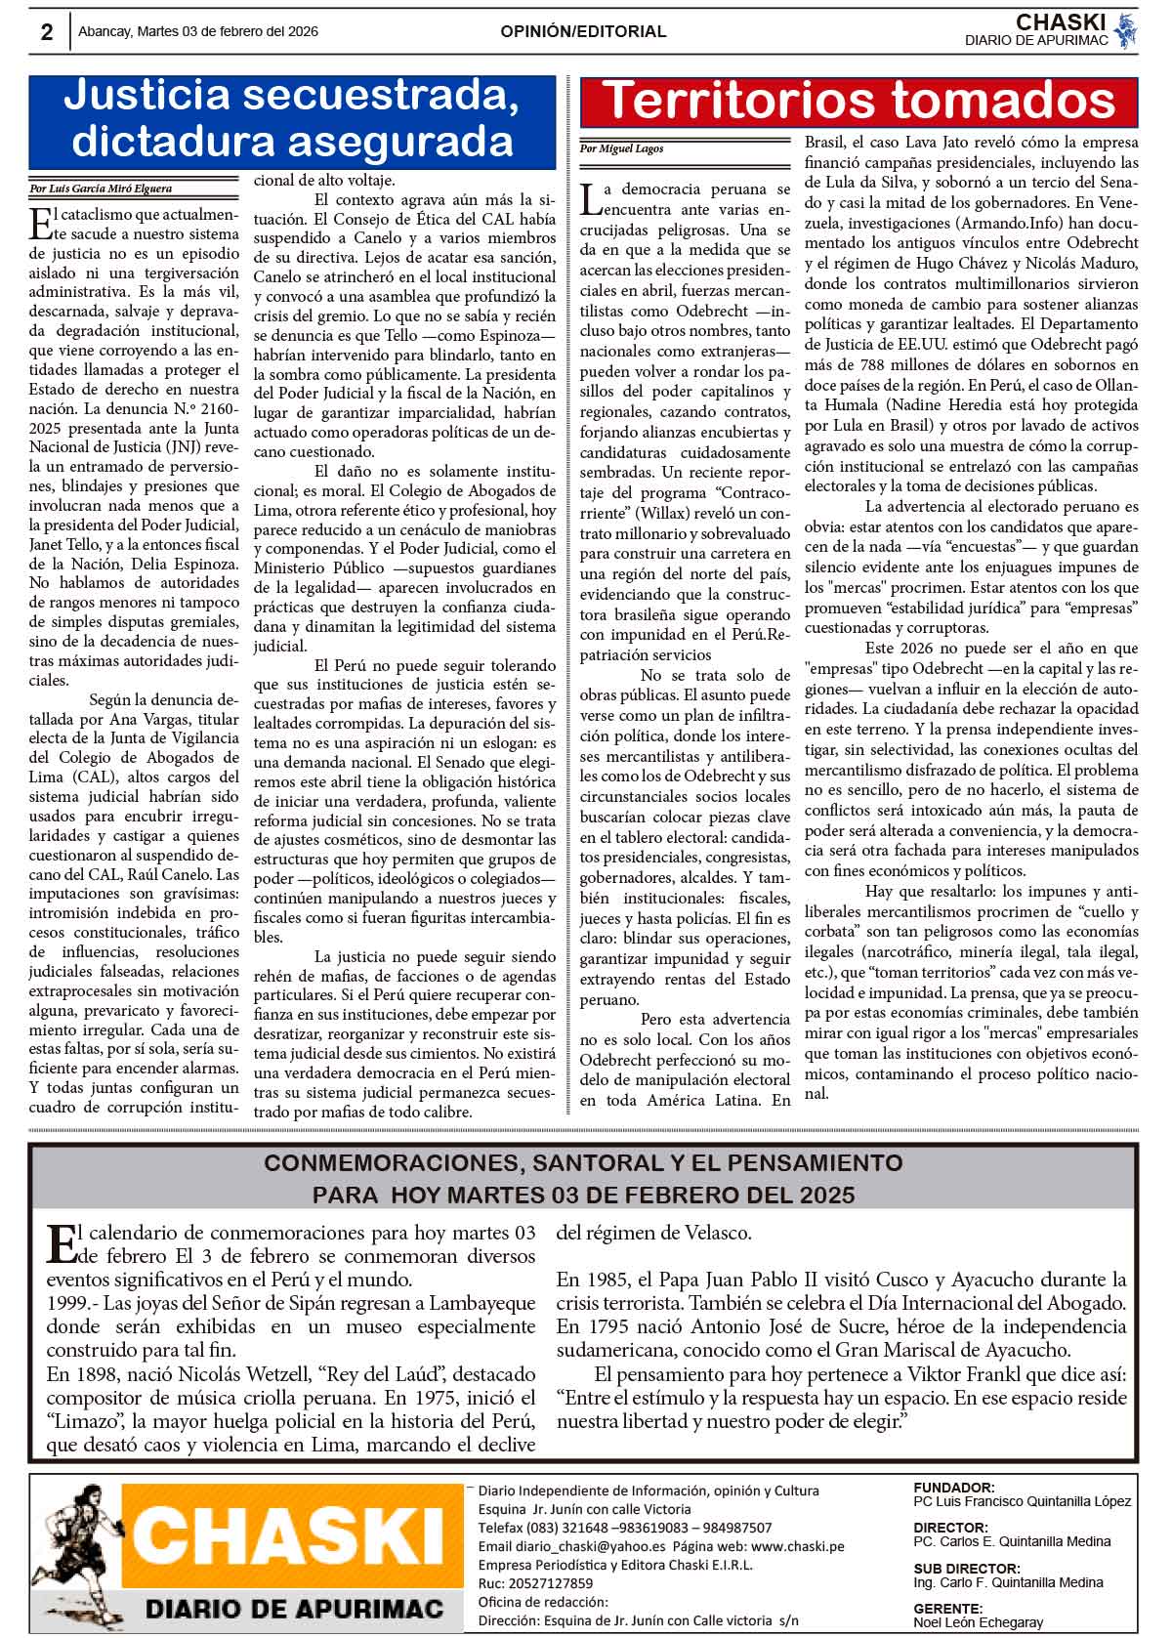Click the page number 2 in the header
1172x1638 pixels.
[x=47, y=32]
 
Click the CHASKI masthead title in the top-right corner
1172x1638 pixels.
[x=1059, y=21]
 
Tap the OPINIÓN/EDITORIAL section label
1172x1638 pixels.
[x=583, y=31]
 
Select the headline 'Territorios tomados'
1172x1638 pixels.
[x=858, y=101]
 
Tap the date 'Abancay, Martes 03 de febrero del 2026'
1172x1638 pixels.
[x=198, y=31]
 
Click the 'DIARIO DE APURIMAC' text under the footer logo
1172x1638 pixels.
[x=294, y=1609]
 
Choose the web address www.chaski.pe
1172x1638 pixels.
[x=797, y=1546]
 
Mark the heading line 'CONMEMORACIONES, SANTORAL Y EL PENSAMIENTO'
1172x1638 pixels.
[x=583, y=1163]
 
